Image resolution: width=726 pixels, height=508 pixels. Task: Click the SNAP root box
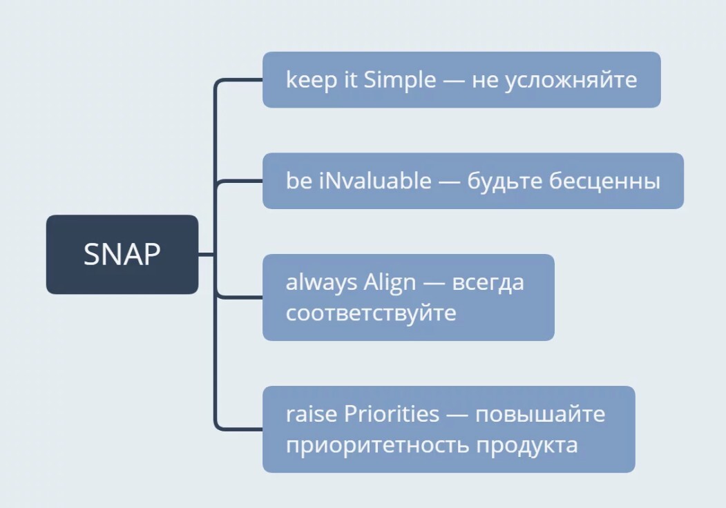point(122,254)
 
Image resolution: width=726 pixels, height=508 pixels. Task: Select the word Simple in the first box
point(399,81)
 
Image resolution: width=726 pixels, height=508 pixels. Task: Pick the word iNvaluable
point(375,180)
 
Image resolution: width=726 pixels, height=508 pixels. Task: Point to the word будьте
point(504,182)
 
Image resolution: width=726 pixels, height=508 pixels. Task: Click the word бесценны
point(604,182)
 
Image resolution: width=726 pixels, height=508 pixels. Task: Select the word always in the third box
point(321,282)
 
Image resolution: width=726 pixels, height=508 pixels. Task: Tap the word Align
point(390,282)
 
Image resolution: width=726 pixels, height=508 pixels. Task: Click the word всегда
point(488,283)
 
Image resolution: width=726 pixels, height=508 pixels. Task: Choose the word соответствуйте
point(371,313)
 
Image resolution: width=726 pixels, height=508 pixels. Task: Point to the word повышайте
point(540,414)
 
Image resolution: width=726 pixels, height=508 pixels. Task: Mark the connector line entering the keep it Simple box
point(239,80)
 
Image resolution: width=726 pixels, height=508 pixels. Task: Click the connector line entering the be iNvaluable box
point(240,181)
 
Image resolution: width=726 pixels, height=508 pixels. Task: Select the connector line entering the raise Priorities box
point(239,429)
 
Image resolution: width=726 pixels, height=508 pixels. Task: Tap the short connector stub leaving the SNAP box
point(207,255)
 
